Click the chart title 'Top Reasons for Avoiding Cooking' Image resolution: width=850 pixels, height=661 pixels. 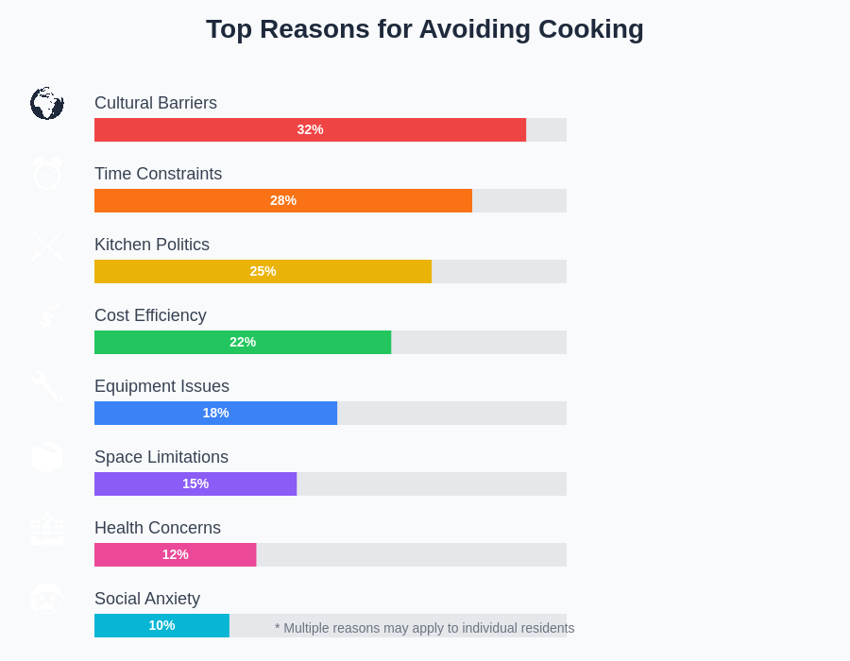point(425,29)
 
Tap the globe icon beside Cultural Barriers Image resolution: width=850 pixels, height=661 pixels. point(46,103)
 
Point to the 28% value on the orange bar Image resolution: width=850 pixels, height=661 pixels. point(283,200)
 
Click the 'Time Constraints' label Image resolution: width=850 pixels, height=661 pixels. point(158,174)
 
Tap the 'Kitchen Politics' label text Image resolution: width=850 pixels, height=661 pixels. point(152,245)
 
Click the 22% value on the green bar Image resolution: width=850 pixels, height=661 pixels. point(243,342)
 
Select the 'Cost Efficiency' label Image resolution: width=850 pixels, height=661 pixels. point(150,315)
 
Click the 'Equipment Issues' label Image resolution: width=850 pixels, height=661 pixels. point(161,386)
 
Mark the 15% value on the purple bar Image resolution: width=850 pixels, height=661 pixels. point(195,483)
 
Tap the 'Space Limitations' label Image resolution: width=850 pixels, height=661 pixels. point(161,457)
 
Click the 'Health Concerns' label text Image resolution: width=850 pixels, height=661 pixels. point(158,528)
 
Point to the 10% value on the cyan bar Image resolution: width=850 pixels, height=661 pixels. point(161,625)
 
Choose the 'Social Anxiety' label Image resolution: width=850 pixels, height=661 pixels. point(147,599)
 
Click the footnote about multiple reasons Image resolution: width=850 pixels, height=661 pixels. point(424,628)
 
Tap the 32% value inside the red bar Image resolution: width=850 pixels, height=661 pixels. point(310,129)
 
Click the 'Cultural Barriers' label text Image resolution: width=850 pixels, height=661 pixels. point(156,103)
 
